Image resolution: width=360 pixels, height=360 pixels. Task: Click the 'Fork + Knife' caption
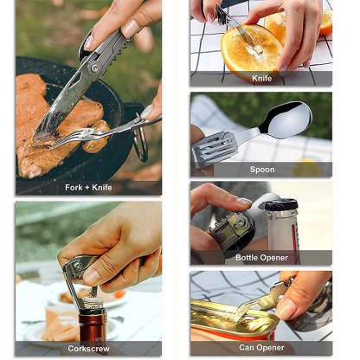(x=88, y=187)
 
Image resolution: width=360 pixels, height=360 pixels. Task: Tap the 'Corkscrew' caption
(x=88, y=348)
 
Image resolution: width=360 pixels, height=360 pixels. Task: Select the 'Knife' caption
(x=261, y=78)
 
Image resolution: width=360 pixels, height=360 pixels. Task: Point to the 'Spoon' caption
(x=261, y=170)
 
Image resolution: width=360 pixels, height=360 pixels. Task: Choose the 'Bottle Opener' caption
(x=261, y=258)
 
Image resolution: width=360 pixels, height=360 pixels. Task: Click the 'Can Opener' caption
(x=261, y=348)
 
